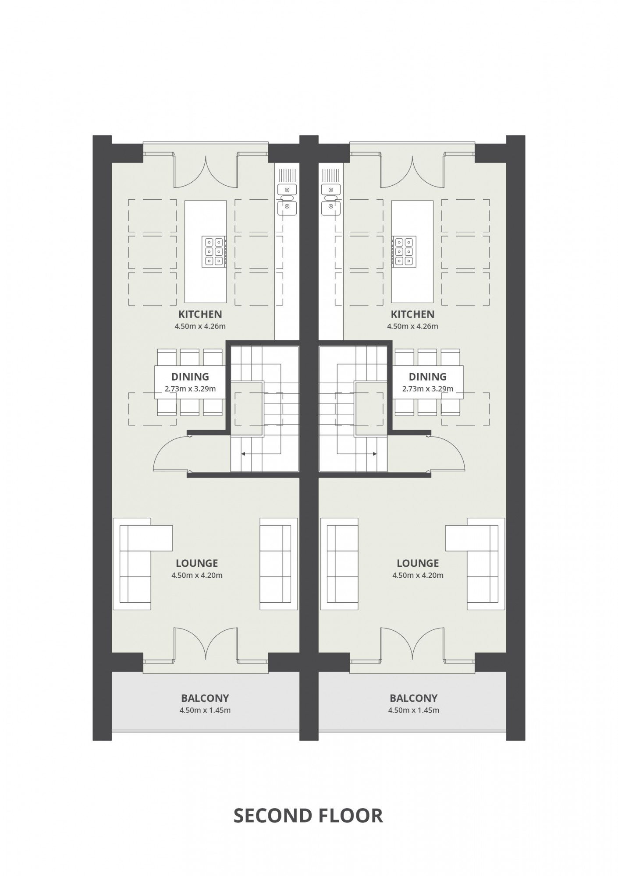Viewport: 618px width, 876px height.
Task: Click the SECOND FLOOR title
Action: coord(308,816)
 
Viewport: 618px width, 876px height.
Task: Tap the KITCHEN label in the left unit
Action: coord(200,314)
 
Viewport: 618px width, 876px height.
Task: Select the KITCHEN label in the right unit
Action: coord(412,314)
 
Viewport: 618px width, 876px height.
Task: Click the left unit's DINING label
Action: coord(190,376)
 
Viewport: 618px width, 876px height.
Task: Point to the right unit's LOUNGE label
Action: coord(418,563)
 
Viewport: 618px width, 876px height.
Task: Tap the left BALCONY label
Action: coord(205,698)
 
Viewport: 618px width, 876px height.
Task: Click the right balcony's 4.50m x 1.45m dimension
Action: coord(413,710)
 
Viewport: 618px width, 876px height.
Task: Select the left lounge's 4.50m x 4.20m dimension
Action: coord(197,575)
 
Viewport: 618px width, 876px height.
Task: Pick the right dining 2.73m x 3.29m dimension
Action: coord(428,389)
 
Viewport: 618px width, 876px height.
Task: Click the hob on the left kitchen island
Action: coord(214,251)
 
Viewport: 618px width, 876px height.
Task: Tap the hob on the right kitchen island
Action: coord(404,251)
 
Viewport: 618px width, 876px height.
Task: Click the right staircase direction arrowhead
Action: coord(375,454)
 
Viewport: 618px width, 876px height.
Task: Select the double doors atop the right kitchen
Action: coord(412,172)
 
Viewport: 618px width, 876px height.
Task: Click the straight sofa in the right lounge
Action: coord(339,564)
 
